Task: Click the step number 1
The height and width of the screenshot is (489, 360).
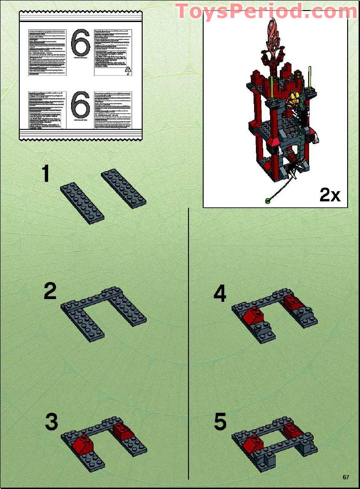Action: (45, 174)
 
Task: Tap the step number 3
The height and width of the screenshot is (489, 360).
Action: (52, 422)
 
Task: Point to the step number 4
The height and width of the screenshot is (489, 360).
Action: (220, 294)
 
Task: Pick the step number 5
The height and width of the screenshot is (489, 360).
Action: (221, 422)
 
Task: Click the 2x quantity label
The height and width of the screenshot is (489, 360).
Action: (330, 195)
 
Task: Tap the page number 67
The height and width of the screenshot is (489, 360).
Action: (346, 477)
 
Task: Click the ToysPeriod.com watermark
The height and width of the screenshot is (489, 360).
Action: (266, 11)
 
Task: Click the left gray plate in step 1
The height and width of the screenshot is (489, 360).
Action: (83, 202)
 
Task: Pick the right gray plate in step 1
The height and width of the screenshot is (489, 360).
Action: (123, 188)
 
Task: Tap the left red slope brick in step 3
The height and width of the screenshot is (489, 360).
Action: (83, 444)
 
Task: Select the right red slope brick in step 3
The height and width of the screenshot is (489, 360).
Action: (122, 430)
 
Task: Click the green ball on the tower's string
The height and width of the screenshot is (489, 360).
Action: (267, 200)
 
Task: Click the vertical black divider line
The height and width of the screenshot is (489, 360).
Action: (188, 344)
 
